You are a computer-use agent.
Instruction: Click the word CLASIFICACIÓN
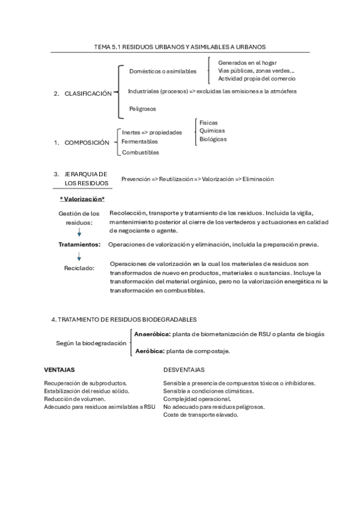(x=88, y=94)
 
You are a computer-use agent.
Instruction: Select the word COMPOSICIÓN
(x=87, y=143)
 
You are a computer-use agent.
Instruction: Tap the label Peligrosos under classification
(x=142, y=109)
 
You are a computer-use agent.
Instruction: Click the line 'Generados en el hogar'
(x=248, y=63)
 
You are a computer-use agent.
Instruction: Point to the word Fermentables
(x=139, y=142)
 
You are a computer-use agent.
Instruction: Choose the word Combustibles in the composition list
(x=141, y=153)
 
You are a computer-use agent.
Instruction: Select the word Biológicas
(x=213, y=139)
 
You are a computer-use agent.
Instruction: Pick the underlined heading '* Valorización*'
(x=82, y=199)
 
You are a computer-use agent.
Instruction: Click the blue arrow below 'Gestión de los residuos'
(x=79, y=232)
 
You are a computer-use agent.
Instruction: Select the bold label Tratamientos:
(x=79, y=245)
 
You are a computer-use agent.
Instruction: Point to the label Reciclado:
(x=79, y=268)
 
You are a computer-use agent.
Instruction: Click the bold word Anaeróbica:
(x=153, y=334)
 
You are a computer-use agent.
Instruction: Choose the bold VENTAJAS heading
(x=59, y=370)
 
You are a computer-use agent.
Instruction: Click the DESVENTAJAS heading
(x=184, y=370)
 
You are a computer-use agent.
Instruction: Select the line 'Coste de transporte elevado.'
(x=201, y=414)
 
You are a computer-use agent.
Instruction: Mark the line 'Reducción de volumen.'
(x=75, y=399)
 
